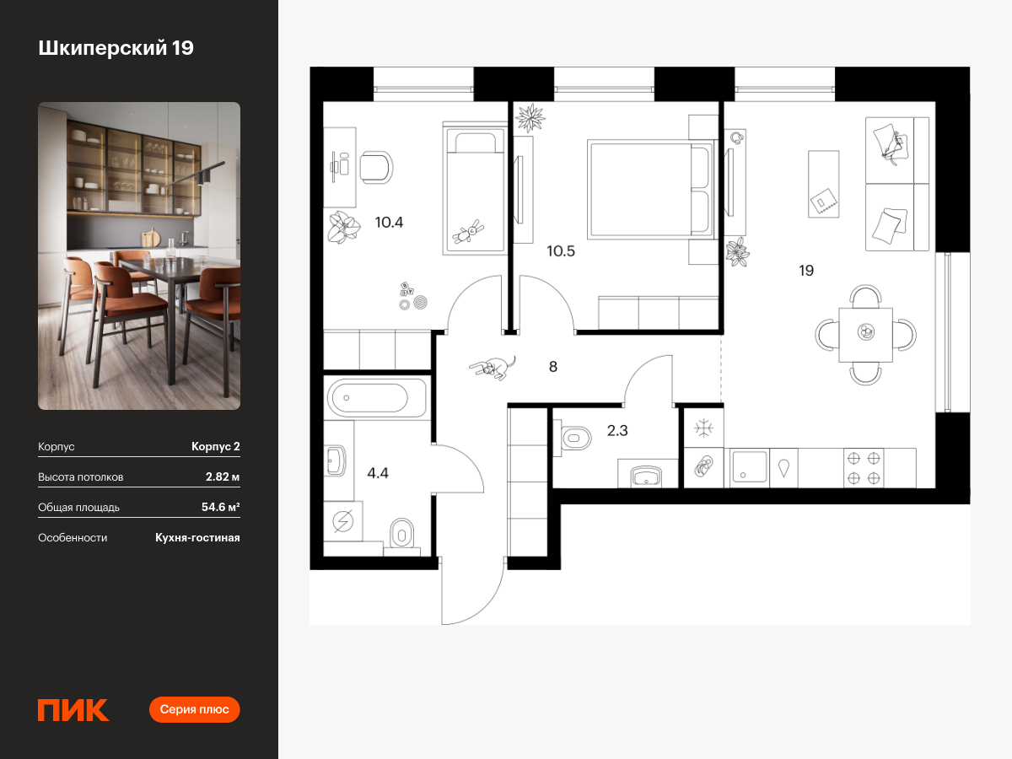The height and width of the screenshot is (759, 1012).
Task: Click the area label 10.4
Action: click(389, 222)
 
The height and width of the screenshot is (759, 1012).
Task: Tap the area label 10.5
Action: click(561, 251)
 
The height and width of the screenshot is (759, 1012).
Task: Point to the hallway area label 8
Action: click(552, 366)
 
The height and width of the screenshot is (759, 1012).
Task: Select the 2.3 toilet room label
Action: click(616, 430)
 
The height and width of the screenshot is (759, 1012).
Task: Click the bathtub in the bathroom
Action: click(377, 398)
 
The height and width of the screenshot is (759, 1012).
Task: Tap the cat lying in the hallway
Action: click(493, 368)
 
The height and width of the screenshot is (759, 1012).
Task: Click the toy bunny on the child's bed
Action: click(468, 231)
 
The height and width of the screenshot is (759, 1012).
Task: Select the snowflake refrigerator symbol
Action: click(703, 428)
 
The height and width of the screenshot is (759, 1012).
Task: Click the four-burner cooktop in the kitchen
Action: click(864, 468)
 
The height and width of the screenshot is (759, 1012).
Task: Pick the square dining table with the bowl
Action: click(865, 335)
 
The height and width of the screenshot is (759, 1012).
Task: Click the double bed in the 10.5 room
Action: click(650, 190)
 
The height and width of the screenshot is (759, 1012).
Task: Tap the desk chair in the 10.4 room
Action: click(376, 167)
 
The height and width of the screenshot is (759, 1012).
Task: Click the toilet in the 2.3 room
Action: click(572, 438)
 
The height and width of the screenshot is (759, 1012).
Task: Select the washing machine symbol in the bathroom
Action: click(342, 520)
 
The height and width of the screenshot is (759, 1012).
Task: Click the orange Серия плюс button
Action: click(194, 709)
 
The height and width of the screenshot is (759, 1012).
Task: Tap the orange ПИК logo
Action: click(73, 710)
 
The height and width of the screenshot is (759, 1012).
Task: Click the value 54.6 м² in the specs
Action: click(220, 507)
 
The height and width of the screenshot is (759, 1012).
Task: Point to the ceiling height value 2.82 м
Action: click(223, 476)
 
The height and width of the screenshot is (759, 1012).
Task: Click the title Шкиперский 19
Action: click(116, 48)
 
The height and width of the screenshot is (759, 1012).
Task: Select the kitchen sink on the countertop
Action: click(749, 467)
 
